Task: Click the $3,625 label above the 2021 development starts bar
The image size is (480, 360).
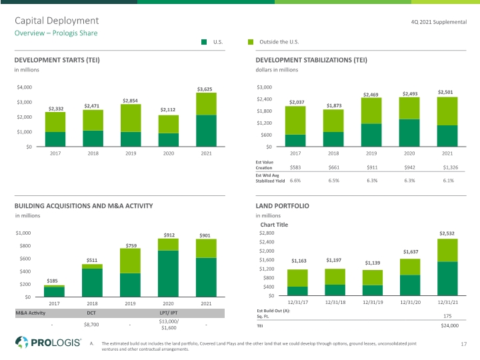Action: pyautogui.click(x=205, y=89)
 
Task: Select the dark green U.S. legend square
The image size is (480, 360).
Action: pyautogui.click(x=204, y=42)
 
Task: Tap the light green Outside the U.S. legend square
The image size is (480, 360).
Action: pyautogui.click(x=251, y=42)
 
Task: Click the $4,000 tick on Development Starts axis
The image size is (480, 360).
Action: pyautogui.click(x=25, y=87)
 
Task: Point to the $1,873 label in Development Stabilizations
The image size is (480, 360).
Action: pyautogui.click(x=334, y=105)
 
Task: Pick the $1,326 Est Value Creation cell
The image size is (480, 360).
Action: pyautogui.click(x=451, y=167)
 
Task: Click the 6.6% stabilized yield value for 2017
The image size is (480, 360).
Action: pyautogui.click(x=295, y=181)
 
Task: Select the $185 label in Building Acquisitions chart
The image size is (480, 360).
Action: pyautogui.click(x=53, y=281)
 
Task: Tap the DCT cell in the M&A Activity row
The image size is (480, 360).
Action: pyautogui.click(x=91, y=313)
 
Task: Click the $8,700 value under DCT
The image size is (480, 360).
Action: pyautogui.click(x=91, y=325)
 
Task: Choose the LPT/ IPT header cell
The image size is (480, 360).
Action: pyautogui.click(x=168, y=313)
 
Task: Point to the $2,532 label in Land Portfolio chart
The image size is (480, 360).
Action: pyautogui.click(x=447, y=233)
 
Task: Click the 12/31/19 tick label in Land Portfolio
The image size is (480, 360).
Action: pyautogui.click(x=373, y=302)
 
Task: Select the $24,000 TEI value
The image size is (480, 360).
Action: pyautogui.click(x=450, y=326)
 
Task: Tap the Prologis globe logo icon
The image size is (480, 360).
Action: pyautogui.click(x=22, y=342)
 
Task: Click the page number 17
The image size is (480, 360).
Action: pyautogui.click(x=464, y=344)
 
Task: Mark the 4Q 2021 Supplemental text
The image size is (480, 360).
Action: pyautogui.click(x=439, y=22)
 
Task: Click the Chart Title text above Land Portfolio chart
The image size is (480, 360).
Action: pyautogui.click(x=274, y=225)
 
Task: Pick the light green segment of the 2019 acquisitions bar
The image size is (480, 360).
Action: pyautogui.click(x=130, y=261)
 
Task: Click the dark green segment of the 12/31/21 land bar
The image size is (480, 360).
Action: pyautogui.click(x=447, y=279)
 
